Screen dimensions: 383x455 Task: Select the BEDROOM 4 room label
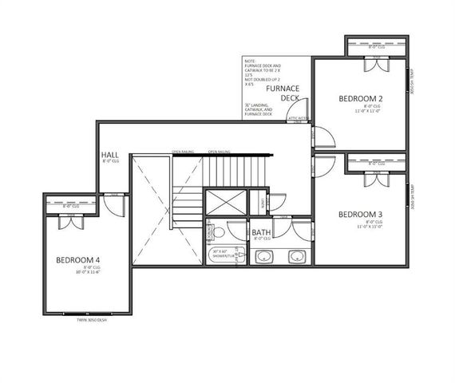point(77,260)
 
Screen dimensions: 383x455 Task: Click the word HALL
point(110,154)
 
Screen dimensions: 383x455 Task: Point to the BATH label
point(261,231)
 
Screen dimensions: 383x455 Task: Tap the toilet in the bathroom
point(216,231)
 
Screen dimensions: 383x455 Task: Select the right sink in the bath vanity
point(297,257)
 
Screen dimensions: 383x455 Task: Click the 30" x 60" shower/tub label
point(225,254)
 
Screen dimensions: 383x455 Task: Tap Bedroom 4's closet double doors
point(72,221)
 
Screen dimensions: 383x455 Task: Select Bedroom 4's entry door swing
point(116,205)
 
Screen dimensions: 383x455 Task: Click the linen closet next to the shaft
point(258,201)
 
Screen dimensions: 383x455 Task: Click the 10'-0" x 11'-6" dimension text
point(77,271)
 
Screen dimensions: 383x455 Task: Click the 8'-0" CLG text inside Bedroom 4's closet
point(72,206)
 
